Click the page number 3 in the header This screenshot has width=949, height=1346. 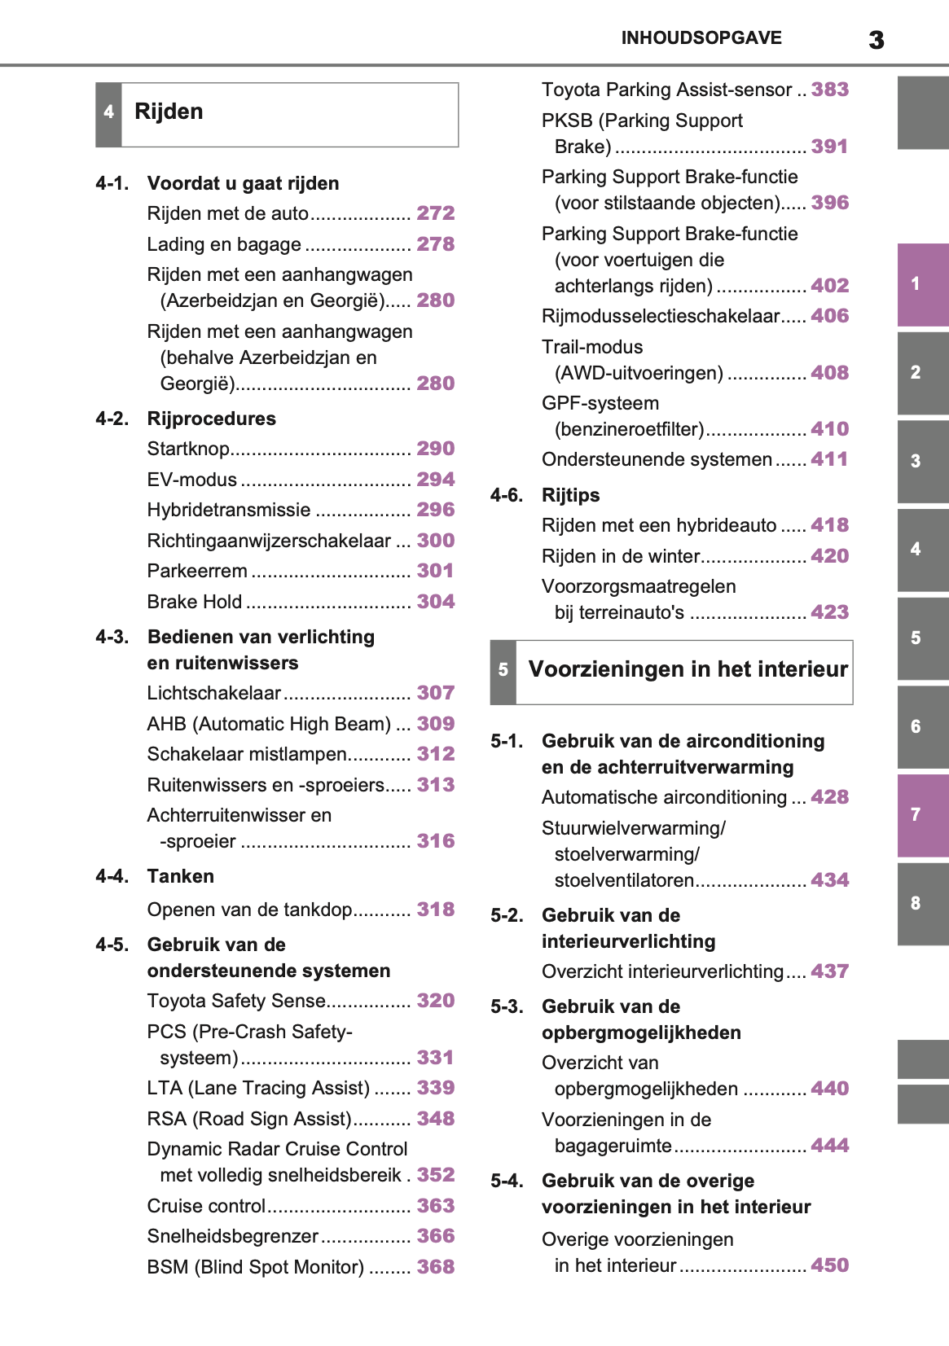876,40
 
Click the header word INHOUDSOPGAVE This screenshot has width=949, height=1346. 701,38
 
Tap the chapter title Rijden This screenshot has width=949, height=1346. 169,112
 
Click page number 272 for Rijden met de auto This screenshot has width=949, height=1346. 435,213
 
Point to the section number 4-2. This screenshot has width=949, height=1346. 112,419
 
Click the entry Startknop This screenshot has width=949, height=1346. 188,449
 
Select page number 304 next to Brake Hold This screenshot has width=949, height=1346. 435,602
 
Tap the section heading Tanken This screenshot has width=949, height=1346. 181,876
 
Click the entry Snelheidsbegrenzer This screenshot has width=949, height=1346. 232,1236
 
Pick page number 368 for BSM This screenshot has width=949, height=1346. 435,1267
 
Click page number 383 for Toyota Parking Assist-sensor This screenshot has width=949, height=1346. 829,90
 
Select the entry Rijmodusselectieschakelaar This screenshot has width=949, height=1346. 661,316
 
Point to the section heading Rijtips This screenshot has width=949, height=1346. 570,495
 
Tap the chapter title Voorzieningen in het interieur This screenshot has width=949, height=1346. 688,669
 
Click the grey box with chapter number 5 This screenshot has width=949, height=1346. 503,670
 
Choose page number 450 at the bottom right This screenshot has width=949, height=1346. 829,1265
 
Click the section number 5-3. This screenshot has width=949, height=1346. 507,1007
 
